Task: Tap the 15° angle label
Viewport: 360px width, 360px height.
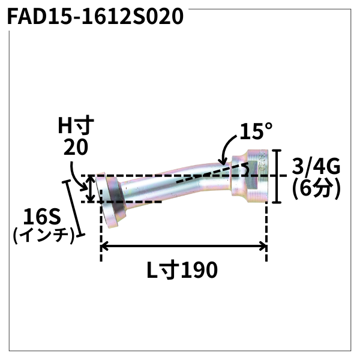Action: pos(255,130)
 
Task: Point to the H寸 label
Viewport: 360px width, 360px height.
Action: pos(76,126)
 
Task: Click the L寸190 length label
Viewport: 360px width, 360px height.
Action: pos(182,271)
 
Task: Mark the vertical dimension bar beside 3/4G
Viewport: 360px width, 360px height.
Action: pos(276,177)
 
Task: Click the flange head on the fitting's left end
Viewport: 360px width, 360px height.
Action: pos(111,201)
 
